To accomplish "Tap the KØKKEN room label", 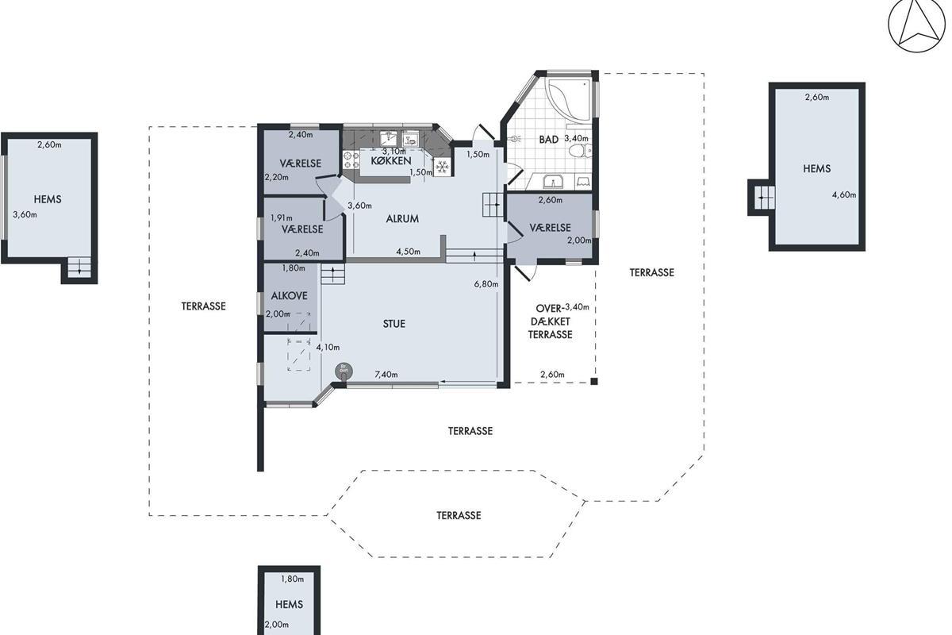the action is [390, 161].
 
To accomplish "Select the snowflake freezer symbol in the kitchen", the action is [443, 167].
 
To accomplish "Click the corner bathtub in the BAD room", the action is [568, 99].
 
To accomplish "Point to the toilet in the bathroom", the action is [580, 151].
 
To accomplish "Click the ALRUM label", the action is [402, 218].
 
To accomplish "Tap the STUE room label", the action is [394, 324].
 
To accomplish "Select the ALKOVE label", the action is [289, 295].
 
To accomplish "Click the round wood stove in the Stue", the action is [344, 371].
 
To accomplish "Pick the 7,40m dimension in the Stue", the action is [386, 375].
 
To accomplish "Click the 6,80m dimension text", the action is [486, 283].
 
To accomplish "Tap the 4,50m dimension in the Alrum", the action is [408, 252].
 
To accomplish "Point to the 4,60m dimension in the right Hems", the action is [843, 194].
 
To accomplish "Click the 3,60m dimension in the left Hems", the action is [25, 215].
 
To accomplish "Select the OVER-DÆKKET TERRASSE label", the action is [551, 321].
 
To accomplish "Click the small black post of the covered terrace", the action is [594, 382].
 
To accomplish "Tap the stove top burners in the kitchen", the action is [351, 160].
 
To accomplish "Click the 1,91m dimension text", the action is [282, 217].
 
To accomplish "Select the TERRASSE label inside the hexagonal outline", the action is [459, 515].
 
